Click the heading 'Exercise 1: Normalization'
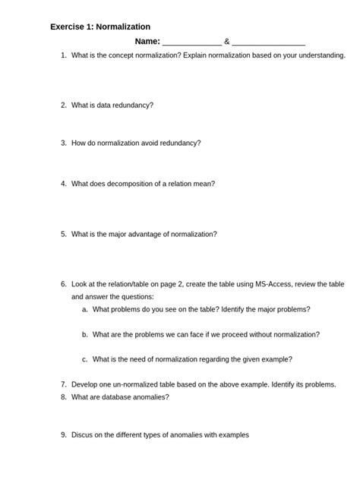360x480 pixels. click(100, 27)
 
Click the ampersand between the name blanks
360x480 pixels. click(226, 42)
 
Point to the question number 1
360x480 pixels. click(63, 56)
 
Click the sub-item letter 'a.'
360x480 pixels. click(85, 310)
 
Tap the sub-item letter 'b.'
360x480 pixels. click(85, 334)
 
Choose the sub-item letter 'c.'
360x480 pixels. click(85, 359)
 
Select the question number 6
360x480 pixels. click(63, 284)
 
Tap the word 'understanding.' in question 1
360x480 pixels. click(320, 56)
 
